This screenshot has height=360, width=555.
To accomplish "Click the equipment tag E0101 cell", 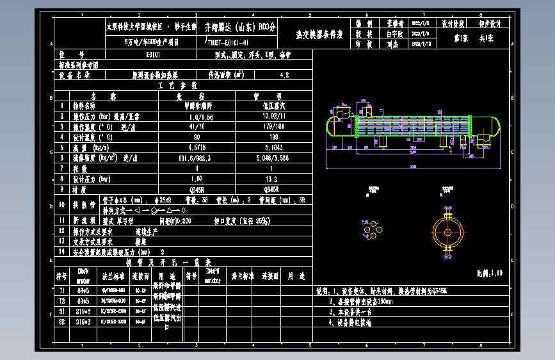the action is pos(152,55).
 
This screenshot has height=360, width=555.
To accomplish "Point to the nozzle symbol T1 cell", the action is pos(62,290).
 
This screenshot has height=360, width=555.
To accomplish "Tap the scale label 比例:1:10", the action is pos(490,273).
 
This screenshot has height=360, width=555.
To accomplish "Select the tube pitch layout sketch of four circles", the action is pos(371,229).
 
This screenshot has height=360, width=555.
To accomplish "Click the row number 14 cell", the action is pos(62,252).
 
